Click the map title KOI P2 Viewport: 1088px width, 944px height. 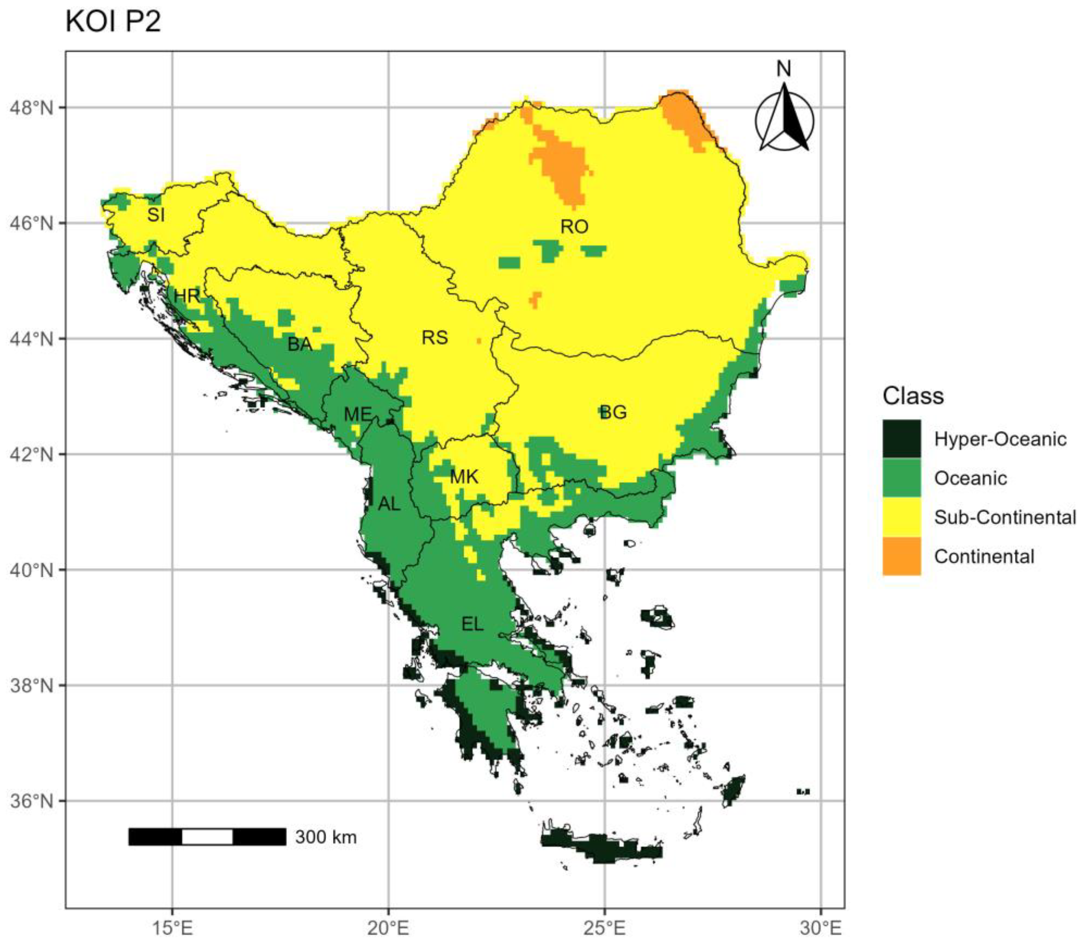113,22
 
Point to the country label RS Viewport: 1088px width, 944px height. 435,337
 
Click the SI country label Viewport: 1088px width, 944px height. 156,215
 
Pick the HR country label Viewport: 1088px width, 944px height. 187,296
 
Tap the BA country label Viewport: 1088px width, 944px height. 300,344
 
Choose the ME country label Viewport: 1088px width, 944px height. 358,414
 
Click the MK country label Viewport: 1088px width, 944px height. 464,477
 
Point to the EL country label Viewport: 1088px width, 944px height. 472,624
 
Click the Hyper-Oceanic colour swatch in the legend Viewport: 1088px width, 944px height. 901,438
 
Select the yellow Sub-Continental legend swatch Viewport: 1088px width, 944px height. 901,517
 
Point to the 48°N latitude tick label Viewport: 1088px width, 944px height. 31,108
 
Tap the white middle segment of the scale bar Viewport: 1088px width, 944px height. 207,836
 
